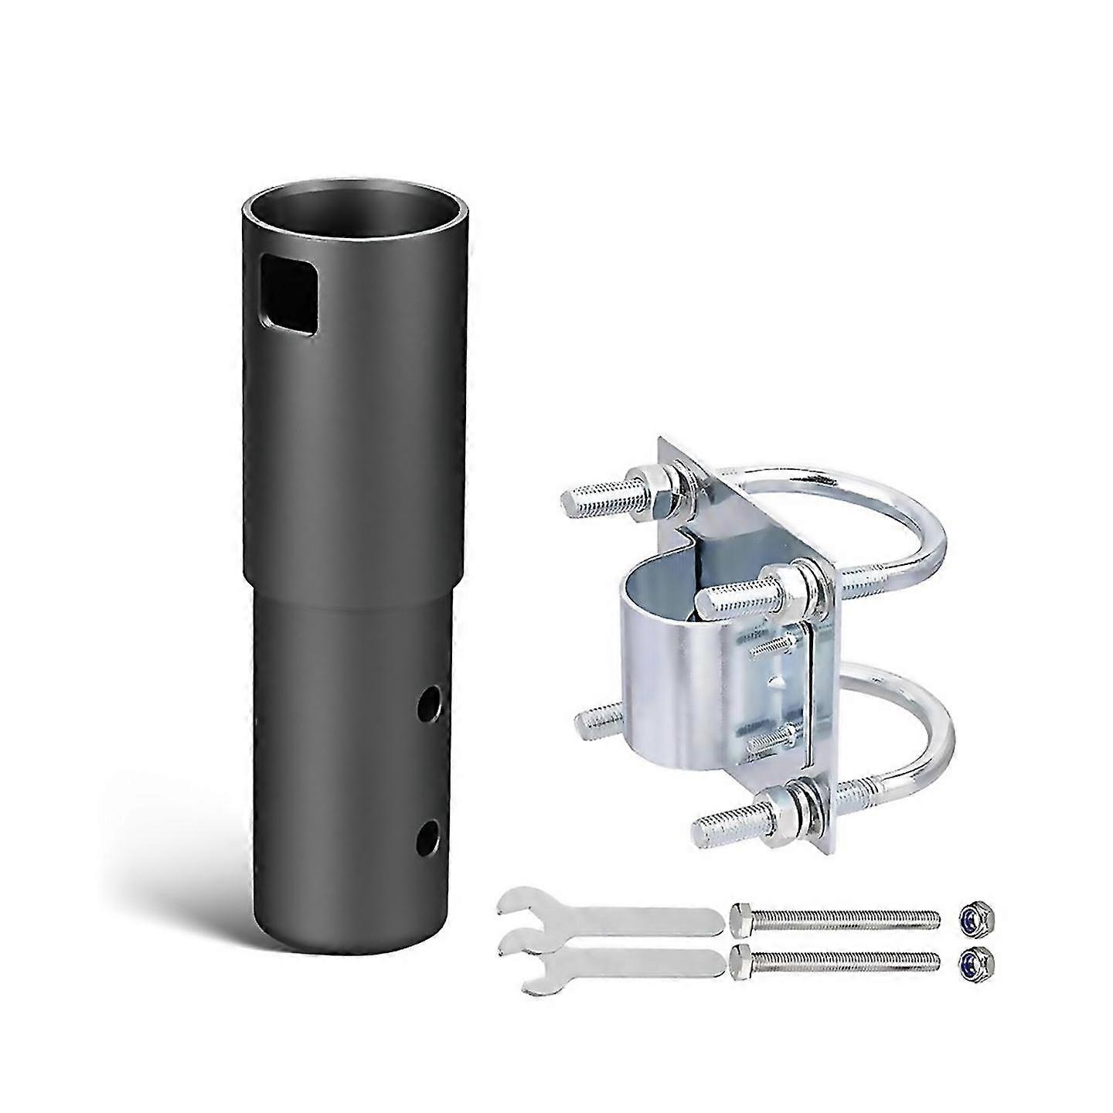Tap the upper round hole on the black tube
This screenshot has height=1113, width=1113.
pyautogui.click(x=426, y=703)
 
